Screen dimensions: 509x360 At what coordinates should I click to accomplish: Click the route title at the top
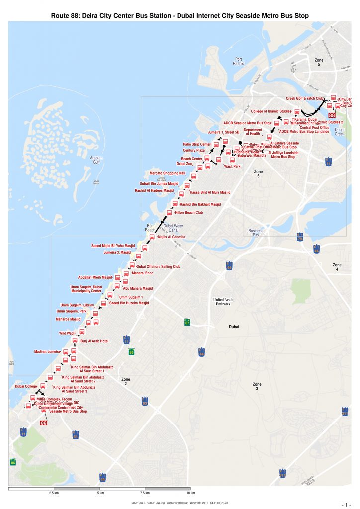180,16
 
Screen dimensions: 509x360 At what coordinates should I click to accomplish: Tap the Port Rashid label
239,61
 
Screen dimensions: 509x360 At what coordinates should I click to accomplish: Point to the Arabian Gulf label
96,160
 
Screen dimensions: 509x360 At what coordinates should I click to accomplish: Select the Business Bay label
256,233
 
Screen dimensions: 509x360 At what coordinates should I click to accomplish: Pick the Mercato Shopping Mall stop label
167,173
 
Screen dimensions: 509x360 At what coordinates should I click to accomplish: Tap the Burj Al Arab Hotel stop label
94,341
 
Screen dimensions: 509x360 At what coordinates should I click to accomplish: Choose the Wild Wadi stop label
67,333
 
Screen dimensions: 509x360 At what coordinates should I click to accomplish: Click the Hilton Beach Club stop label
188,212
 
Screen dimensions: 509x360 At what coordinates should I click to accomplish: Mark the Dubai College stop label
26,386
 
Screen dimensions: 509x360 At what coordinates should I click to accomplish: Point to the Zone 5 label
319,62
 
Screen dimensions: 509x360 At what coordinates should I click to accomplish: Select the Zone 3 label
257,386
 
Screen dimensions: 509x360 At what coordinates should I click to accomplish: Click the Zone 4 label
337,267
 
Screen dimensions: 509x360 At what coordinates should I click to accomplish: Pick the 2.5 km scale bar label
54,493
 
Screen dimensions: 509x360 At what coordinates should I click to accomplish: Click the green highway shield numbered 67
187,322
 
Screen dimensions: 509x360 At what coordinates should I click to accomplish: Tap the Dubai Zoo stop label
184,164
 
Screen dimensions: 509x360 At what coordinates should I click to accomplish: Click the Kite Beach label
150,227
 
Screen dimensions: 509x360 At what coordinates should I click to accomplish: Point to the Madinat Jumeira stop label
47,351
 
